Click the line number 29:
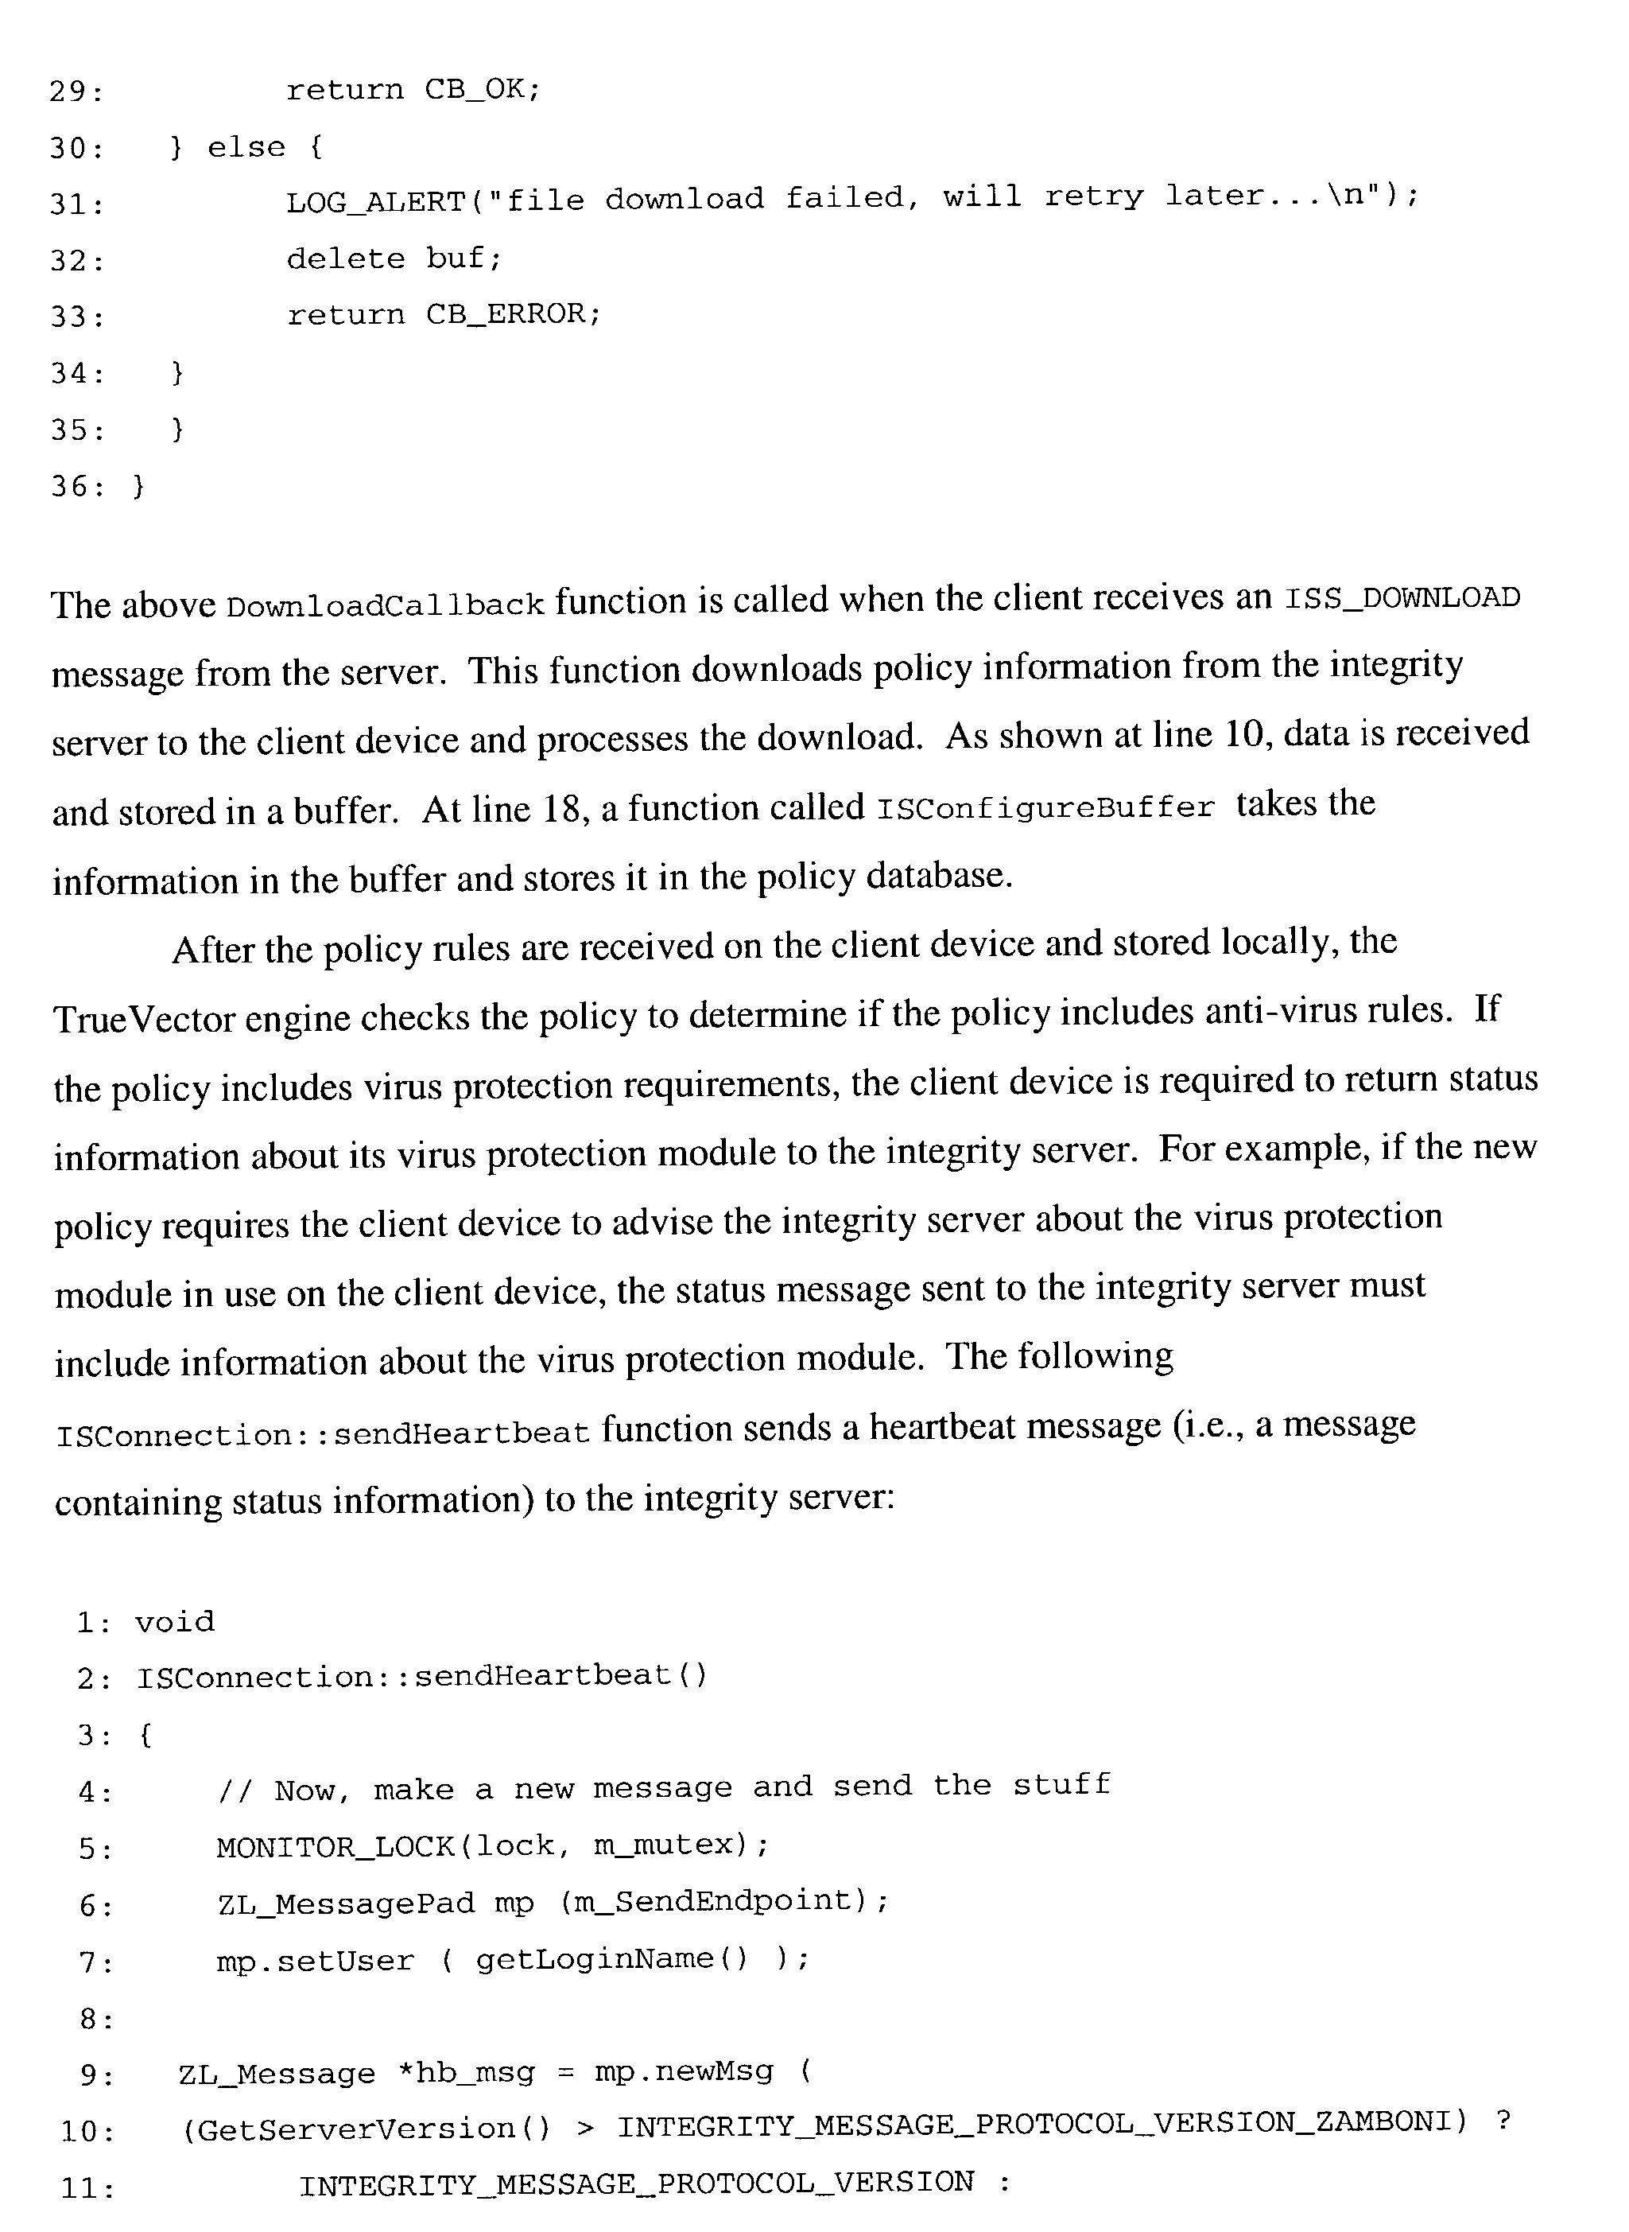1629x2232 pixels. pyautogui.click(x=77, y=91)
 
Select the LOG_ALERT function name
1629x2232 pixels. pyautogui.click(x=374, y=201)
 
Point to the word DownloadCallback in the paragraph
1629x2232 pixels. pyautogui.click(x=385, y=605)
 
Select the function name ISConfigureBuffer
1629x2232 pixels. pyautogui.click(x=1045, y=808)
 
